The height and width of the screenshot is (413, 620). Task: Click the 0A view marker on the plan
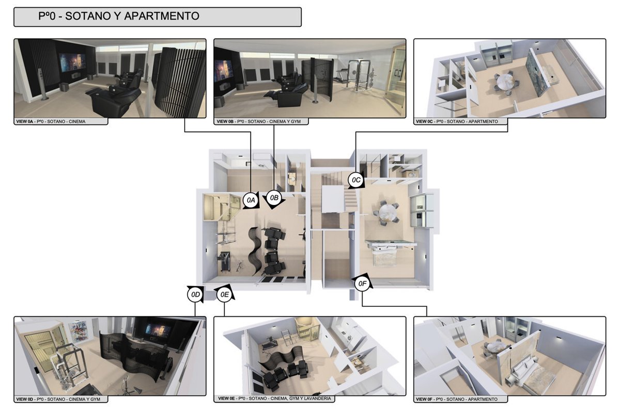tap(251, 200)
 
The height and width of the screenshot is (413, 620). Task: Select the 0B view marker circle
tap(274, 198)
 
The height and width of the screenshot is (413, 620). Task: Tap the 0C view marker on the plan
tap(356, 180)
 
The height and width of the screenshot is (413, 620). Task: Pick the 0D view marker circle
tap(195, 295)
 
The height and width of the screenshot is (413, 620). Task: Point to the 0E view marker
tap(224, 295)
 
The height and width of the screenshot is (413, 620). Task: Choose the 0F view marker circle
tap(362, 283)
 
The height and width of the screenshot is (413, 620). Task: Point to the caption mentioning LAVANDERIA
tap(274, 399)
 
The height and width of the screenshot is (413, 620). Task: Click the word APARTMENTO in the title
tap(161, 16)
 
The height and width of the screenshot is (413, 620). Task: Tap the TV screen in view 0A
tap(72, 62)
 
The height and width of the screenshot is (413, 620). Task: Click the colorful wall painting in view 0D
tap(79, 331)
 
